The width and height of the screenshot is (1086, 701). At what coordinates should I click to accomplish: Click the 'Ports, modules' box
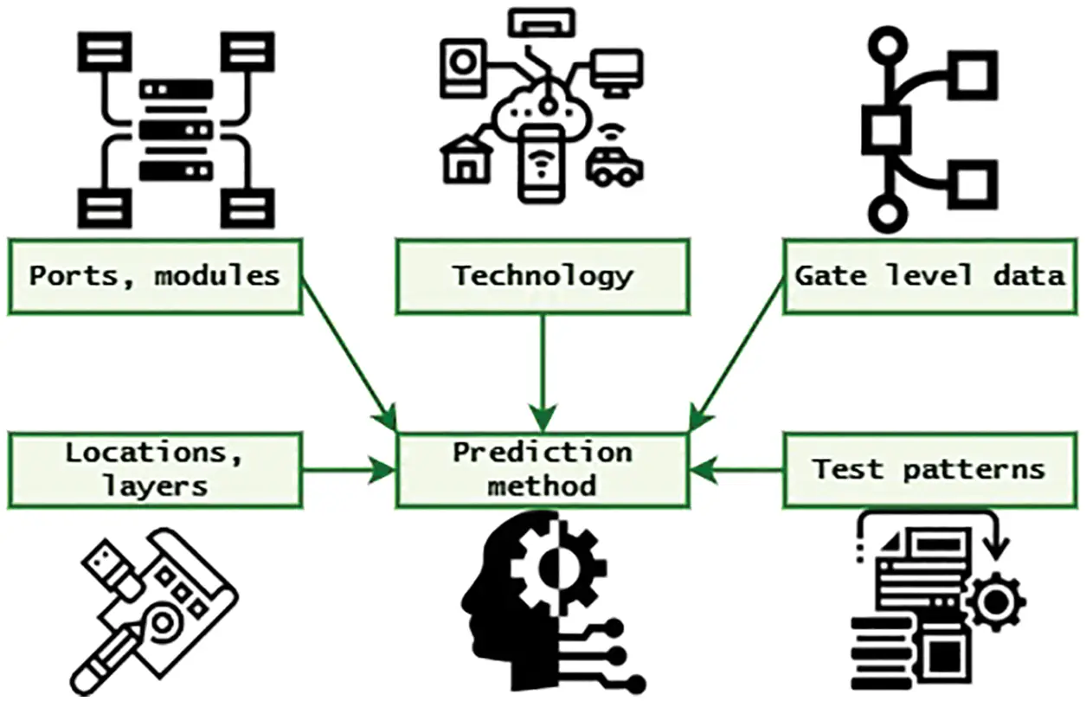click(155, 276)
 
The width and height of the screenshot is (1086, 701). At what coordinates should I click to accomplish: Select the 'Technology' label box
click(543, 276)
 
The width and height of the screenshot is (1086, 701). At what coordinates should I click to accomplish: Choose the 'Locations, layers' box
click(155, 470)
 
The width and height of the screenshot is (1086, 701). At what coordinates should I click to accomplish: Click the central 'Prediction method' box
click(543, 470)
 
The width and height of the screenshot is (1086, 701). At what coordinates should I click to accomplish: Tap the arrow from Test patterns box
click(736, 470)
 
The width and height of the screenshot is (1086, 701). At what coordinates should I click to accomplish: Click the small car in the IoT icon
click(614, 164)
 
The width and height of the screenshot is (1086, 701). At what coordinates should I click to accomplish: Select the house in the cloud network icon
click(467, 161)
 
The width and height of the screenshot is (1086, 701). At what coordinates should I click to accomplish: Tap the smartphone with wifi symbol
click(541, 164)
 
